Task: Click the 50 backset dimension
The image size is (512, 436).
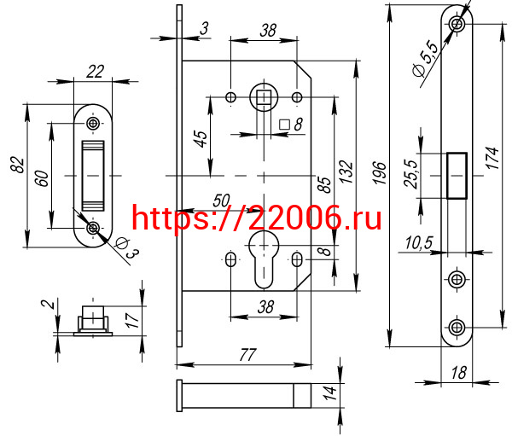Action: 220,201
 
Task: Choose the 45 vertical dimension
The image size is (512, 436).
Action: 200,137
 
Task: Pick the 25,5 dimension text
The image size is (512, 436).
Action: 410,174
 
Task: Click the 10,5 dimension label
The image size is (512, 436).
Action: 417,244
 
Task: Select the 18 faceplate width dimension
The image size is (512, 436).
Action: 459,372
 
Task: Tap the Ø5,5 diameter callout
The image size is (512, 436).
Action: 424,58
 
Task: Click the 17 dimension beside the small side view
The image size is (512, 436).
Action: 130,321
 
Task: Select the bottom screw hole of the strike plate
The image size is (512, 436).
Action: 93,227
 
